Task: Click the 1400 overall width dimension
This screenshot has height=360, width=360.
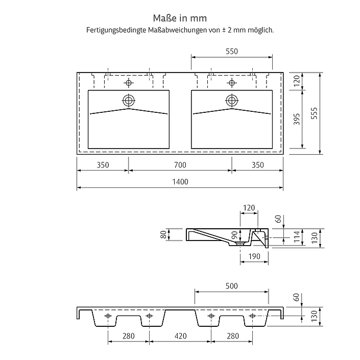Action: pos(180,182)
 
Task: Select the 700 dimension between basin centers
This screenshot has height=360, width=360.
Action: pos(180,165)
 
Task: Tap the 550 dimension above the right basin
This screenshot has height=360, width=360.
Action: pos(232,51)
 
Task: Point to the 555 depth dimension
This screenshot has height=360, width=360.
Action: pos(314,113)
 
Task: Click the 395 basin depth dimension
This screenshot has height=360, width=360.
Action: pos(297,119)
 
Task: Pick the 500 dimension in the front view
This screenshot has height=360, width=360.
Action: pos(231,286)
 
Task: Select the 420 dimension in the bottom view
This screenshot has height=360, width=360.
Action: pos(180,336)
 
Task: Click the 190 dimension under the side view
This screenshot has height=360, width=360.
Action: pos(254,256)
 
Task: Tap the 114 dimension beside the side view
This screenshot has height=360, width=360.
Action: pos(297,237)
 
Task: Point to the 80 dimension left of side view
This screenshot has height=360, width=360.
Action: pos(163,234)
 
